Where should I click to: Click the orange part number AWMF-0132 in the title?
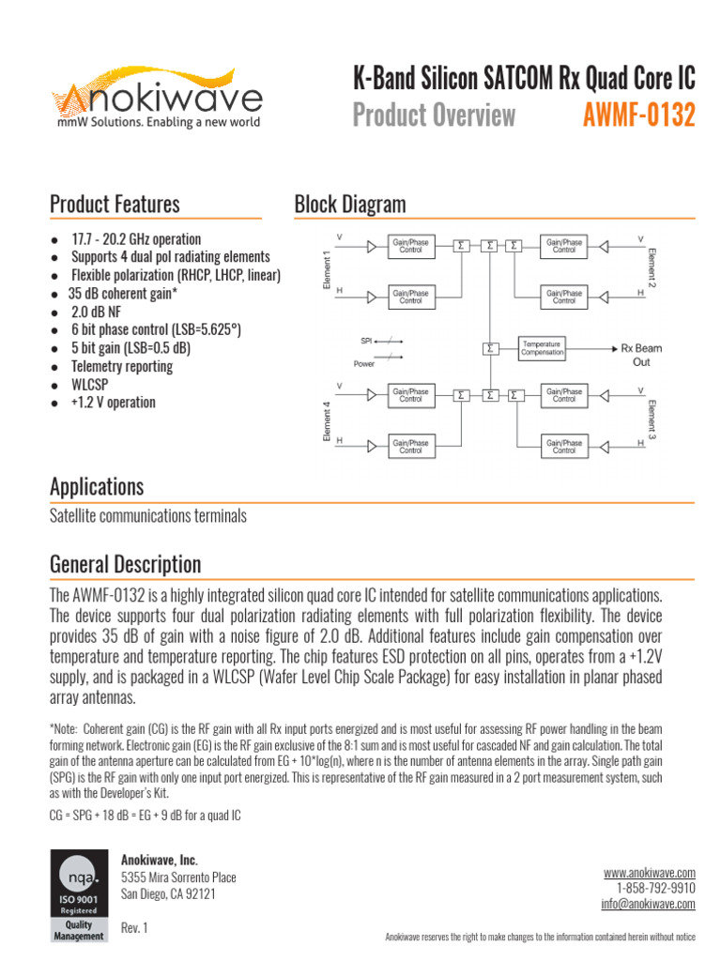point(638,115)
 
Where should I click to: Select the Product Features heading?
point(115,204)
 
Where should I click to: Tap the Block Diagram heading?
point(350,204)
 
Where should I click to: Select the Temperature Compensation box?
point(543,348)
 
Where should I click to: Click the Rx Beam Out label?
point(641,355)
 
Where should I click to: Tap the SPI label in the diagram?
point(367,340)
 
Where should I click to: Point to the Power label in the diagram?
point(364,363)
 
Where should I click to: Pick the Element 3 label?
point(651,419)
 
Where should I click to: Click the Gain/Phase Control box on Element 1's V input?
point(410,247)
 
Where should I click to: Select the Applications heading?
point(97,487)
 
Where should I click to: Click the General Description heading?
point(125,565)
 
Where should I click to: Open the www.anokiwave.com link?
point(649,873)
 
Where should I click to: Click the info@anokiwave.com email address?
point(648,905)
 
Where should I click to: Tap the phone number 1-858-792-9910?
point(656,889)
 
